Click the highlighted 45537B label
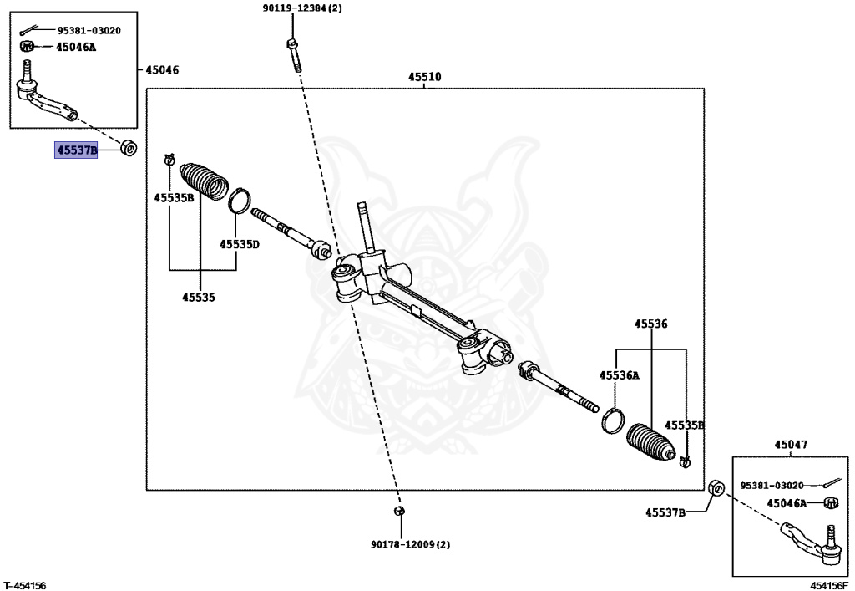click(x=76, y=150)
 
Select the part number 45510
click(x=425, y=77)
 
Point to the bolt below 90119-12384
click(x=293, y=54)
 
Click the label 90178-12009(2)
click(x=411, y=545)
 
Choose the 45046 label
click(x=162, y=70)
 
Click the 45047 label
click(x=791, y=445)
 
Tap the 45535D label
click(x=240, y=244)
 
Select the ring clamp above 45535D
click(x=239, y=200)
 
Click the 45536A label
click(x=619, y=374)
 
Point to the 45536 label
click(x=650, y=324)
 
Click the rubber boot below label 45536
click(x=651, y=443)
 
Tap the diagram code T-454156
click(x=24, y=585)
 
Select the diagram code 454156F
click(x=829, y=585)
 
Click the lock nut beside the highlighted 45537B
click(x=129, y=148)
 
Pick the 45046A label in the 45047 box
click(x=787, y=503)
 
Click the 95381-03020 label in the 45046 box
click(x=89, y=31)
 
